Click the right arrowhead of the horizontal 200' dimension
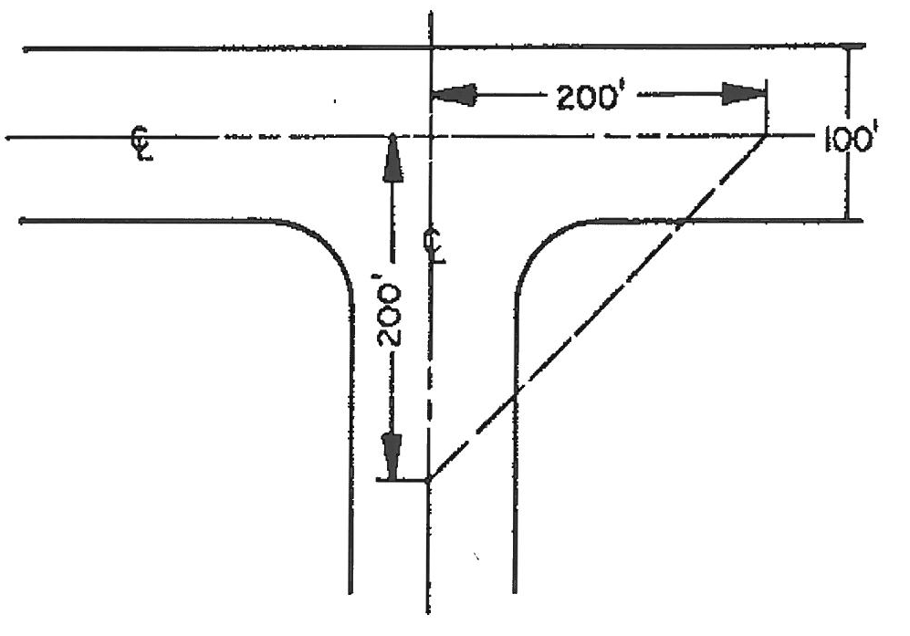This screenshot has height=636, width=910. pos(743,94)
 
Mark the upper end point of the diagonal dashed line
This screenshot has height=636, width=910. pos(765,136)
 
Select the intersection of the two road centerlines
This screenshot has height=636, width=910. pos(429,137)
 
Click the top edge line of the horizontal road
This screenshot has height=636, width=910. pos(228,47)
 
